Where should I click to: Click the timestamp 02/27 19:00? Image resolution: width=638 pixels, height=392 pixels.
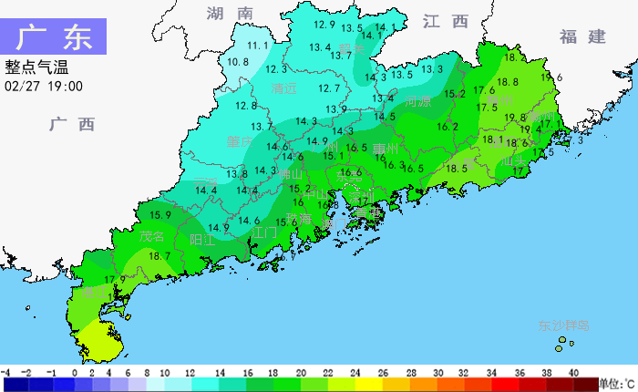tap(44, 86)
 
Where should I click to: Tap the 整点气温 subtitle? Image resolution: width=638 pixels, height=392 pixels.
tap(36, 67)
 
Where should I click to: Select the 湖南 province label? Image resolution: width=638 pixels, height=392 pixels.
tap(229, 14)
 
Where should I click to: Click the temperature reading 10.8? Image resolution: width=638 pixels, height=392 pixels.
tap(238, 62)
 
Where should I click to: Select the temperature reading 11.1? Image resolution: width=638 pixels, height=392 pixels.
tap(258, 45)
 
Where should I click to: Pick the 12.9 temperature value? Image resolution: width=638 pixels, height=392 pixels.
tap(324, 25)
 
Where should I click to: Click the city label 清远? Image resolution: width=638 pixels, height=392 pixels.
tap(284, 89)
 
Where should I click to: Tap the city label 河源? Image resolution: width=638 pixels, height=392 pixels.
tap(417, 101)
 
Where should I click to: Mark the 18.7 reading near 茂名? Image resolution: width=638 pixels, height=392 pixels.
tap(159, 257)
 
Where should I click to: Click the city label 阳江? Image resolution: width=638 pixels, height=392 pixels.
tap(202, 240)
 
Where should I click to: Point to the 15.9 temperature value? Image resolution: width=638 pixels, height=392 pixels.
tap(160, 215)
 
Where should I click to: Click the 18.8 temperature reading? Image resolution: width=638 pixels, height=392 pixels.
tap(508, 82)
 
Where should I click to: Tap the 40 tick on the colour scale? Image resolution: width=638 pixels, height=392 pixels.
tap(573, 373)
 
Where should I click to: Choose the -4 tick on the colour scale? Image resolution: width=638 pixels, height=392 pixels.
tap(5, 373)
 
